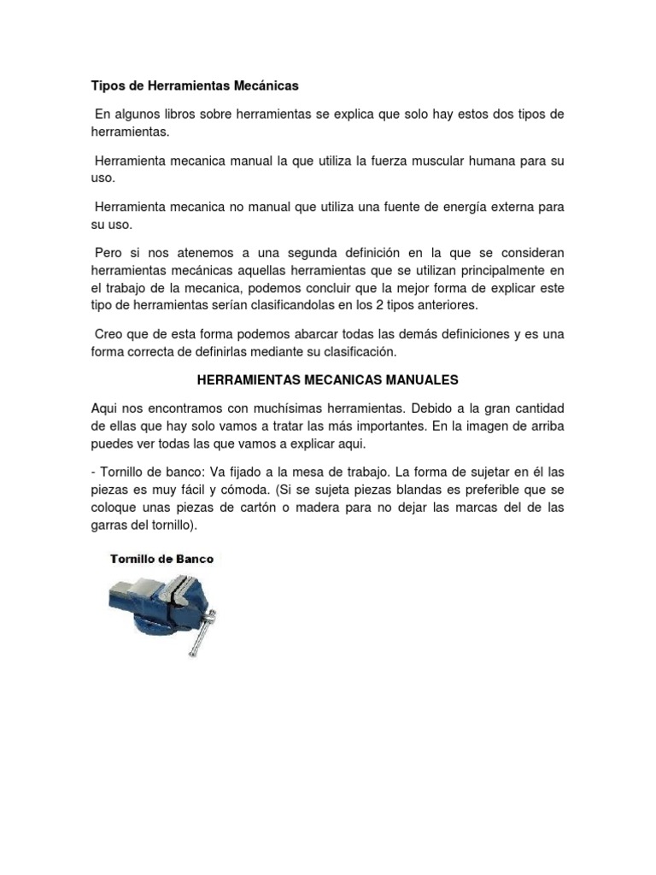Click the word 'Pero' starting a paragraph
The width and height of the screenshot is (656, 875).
(108, 254)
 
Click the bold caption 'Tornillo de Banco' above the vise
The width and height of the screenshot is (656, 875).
(161, 559)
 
